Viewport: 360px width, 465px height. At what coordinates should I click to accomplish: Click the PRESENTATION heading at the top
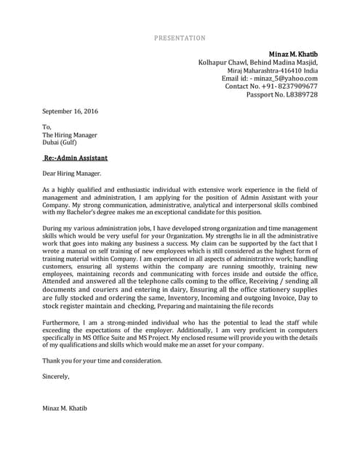pyautogui.click(x=180, y=38)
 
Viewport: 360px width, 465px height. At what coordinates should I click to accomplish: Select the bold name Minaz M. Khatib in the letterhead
pyautogui.click(x=293, y=54)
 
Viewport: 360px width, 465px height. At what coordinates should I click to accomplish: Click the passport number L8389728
pyautogui.click(x=300, y=94)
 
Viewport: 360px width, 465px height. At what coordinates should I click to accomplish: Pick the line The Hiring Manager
pyautogui.click(x=69, y=134)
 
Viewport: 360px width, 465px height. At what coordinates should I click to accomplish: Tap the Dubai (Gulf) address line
pyautogui.click(x=60, y=142)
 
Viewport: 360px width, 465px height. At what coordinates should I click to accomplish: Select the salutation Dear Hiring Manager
pyautogui.click(x=72, y=174)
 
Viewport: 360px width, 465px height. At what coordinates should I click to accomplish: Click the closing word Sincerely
pyautogui.click(x=56, y=376)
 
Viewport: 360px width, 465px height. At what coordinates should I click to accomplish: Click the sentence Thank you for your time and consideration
pyautogui.click(x=102, y=360)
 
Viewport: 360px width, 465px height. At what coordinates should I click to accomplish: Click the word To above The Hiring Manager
pyautogui.click(x=47, y=126)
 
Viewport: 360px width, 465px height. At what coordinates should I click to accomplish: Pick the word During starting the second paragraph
pyautogui.click(x=54, y=228)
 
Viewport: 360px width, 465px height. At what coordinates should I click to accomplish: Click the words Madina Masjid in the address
pyautogui.click(x=292, y=62)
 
